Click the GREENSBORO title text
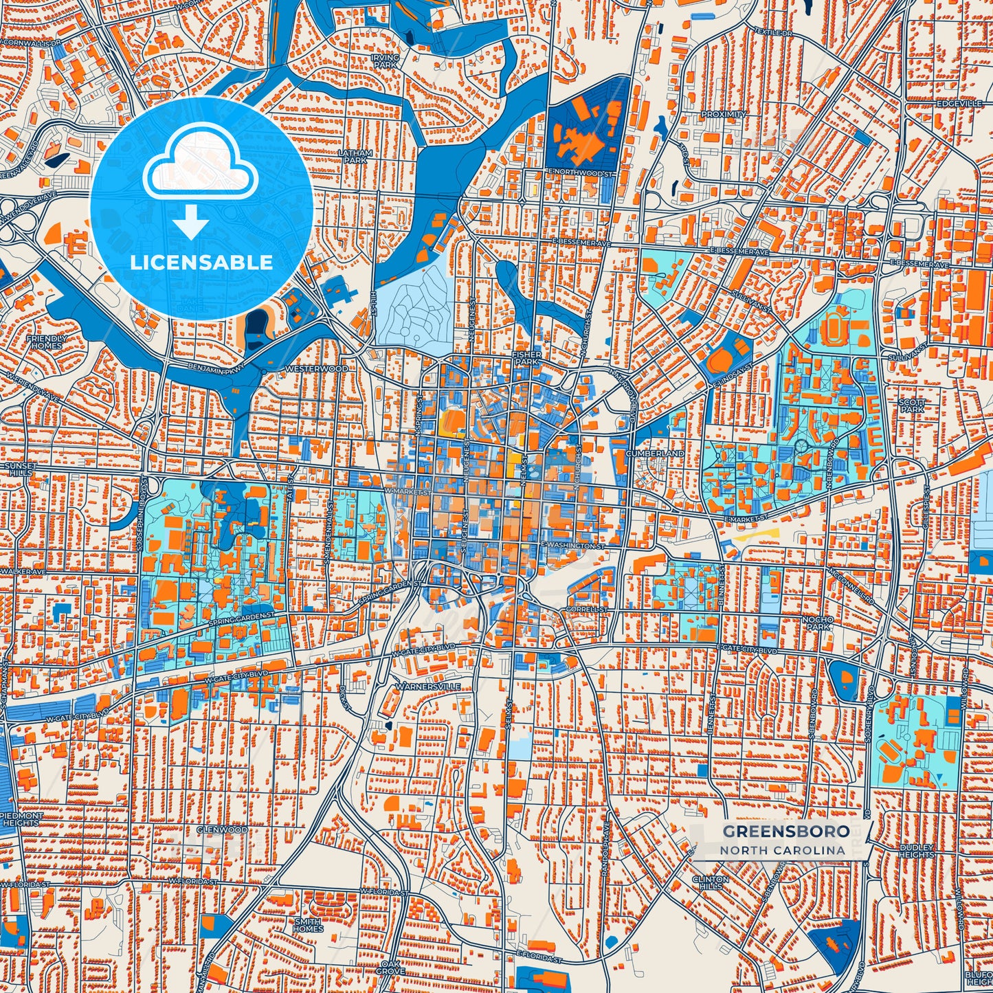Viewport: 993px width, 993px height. click(x=785, y=832)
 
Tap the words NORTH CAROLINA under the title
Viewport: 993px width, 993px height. click(x=783, y=850)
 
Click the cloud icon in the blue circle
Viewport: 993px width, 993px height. click(x=200, y=168)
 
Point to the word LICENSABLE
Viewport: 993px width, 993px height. click(x=201, y=263)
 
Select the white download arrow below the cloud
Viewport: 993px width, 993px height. click(x=190, y=223)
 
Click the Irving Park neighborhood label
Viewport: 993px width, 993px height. click(x=385, y=61)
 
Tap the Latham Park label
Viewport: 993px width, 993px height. click(x=356, y=157)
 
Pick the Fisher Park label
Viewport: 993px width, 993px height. click(x=527, y=357)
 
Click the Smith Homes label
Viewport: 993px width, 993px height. click(x=308, y=924)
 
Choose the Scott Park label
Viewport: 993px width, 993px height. click(x=912, y=405)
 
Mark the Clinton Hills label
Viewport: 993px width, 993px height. click(x=711, y=882)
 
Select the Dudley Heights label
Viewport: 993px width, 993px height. click(x=917, y=851)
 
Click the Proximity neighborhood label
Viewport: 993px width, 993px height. click(x=724, y=115)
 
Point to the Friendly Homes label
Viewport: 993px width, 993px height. click(x=46, y=342)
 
